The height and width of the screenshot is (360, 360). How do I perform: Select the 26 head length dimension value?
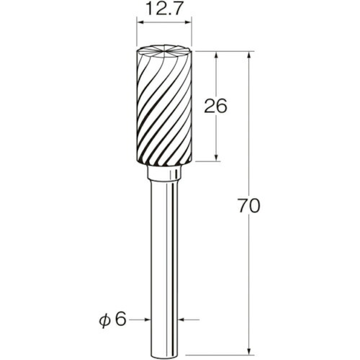215,106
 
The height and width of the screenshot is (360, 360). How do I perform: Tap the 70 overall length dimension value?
249,206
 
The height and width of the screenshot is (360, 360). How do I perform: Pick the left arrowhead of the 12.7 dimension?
140,23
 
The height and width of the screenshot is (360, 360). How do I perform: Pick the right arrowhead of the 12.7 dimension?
188,23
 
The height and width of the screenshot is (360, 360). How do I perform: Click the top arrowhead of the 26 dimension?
217,55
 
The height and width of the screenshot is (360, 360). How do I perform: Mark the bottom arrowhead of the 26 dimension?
217,158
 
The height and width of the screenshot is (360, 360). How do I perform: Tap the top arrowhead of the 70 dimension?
250,55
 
